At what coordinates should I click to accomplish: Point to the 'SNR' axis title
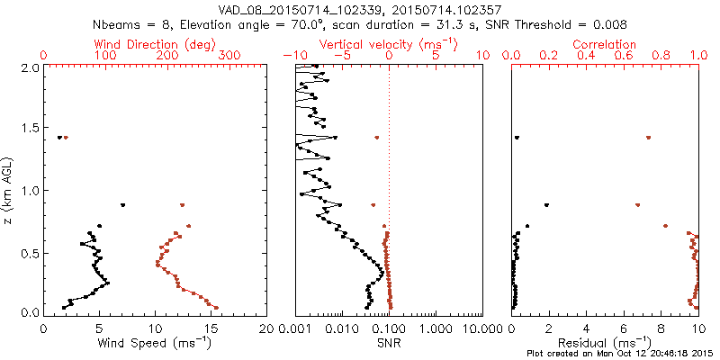coord(388,343)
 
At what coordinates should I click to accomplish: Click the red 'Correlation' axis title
coord(605,44)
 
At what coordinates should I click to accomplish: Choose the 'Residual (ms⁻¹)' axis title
coord(605,343)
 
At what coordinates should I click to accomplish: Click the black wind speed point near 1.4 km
coord(59,138)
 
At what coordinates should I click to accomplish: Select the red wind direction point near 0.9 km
coord(183,205)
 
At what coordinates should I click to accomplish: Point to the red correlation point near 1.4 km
coord(648,138)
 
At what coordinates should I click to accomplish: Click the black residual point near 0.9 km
coord(546,205)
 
